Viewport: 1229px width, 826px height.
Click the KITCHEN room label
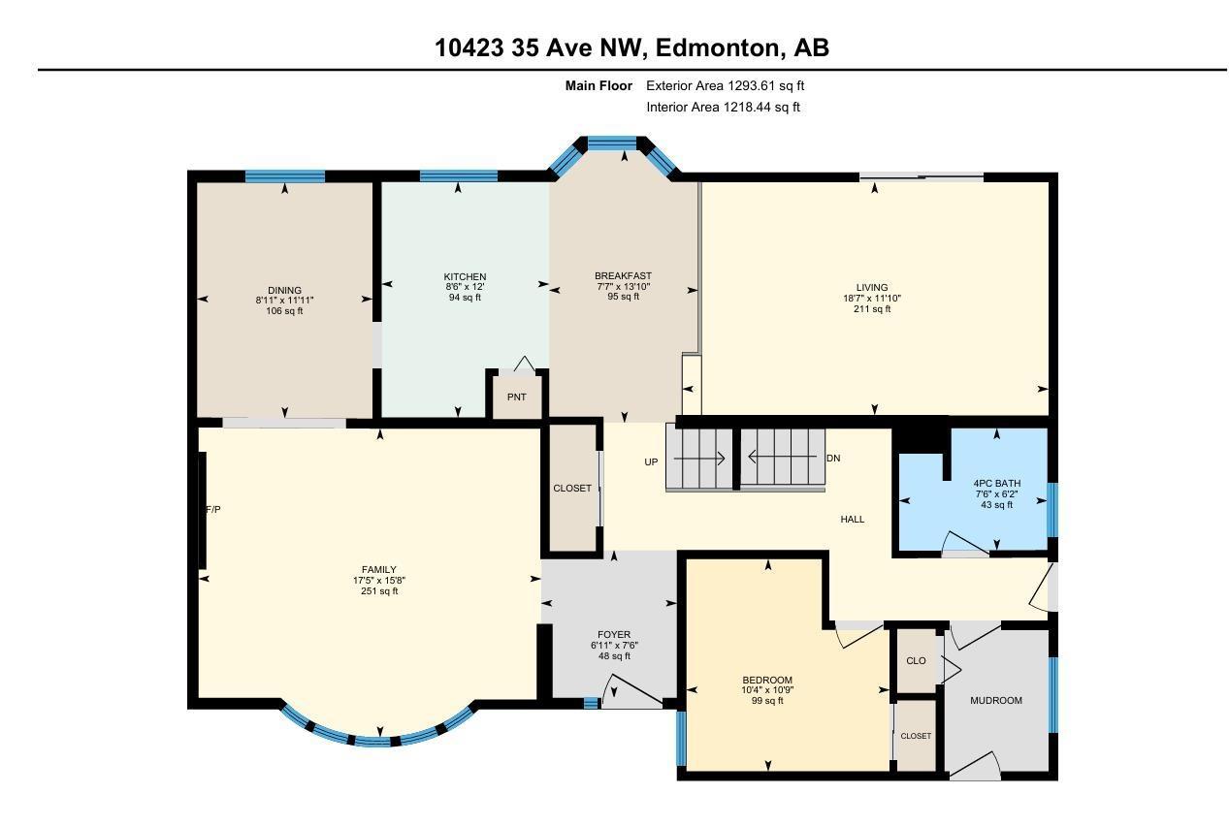click(465, 277)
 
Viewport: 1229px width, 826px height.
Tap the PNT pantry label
click(517, 397)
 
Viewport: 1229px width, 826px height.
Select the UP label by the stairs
click(651, 461)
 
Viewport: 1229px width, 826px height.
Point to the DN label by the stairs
click(833, 458)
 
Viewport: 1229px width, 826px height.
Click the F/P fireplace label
click(213, 510)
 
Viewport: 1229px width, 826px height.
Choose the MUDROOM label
click(996, 700)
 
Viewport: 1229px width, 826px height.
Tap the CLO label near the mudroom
click(917, 661)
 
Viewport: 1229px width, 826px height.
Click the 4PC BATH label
click(997, 483)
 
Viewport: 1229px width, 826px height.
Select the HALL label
click(852, 519)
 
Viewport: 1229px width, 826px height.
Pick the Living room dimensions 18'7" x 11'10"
click(872, 299)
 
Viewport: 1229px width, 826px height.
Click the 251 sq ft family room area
click(379, 591)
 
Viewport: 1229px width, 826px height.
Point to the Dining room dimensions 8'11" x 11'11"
click(284, 301)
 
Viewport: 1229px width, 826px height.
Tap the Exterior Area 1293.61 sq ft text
click(726, 85)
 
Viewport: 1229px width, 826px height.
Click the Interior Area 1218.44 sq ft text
click(723, 107)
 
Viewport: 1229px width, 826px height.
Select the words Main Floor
click(598, 85)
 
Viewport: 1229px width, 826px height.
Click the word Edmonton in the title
click(717, 48)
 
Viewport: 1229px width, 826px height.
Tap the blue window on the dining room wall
click(285, 176)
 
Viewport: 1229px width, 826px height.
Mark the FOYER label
click(614, 635)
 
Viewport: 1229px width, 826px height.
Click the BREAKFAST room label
click(624, 276)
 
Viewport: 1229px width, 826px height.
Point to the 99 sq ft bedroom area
click(767, 700)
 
